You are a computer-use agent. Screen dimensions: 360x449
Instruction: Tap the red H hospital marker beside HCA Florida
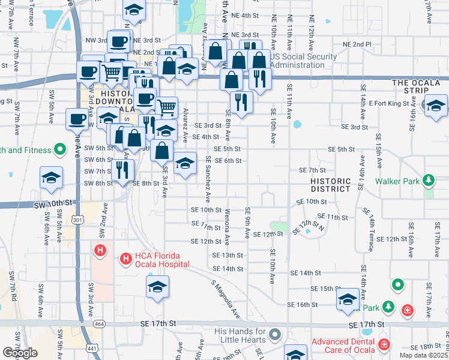coord(125,259)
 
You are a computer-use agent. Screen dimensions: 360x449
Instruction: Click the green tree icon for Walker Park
coord(428,179)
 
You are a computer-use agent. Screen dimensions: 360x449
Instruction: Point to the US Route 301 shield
coord(77,220)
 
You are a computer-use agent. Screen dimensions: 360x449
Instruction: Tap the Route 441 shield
coord(91,348)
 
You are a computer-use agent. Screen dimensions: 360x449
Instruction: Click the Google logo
coord(20,353)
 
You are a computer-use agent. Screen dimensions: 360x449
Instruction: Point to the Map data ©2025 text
coord(424,355)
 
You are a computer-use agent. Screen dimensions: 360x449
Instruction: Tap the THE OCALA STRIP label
coord(417,83)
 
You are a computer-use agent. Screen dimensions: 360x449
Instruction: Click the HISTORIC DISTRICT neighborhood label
coord(330,185)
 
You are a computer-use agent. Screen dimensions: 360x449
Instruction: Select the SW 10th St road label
coord(56,205)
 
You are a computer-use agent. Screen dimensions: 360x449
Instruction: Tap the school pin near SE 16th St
coord(348,299)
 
